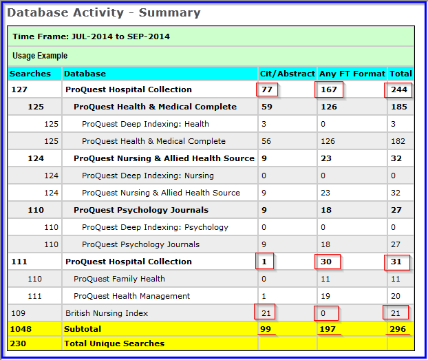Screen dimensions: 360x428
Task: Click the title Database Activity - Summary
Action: tap(104, 12)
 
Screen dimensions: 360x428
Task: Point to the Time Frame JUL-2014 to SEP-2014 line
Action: tap(91, 36)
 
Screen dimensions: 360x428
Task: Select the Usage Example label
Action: tap(40, 56)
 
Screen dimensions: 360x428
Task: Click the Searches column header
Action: tap(30, 73)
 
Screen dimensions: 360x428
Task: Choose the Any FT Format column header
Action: tap(351, 73)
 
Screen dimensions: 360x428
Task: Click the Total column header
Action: tap(400, 73)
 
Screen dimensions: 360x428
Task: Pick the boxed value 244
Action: tap(399, 89)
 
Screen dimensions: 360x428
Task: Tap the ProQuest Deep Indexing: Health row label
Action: tap(145, 124)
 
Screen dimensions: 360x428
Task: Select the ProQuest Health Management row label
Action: tap(131, 296)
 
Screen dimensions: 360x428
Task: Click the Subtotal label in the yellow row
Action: tap(83, 330)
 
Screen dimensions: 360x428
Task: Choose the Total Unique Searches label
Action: tap(114, 343)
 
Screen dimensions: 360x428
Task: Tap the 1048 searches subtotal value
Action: tap(21, 330)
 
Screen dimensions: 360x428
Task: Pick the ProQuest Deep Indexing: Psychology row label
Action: tap(155, 227)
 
